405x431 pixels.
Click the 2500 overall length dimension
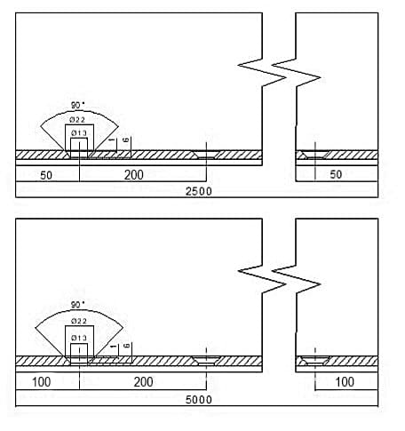(199, 191)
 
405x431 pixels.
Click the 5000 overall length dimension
(199, 400)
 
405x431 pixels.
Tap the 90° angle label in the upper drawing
(77, 105)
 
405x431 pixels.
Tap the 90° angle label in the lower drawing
(77, 305)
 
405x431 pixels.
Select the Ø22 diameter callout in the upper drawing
(77, 120)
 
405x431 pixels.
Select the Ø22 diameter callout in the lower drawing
(79, 321)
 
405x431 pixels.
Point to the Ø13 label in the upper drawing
(79, 133)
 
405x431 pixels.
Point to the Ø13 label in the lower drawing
(79, 338)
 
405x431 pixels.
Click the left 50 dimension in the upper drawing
(46, 175)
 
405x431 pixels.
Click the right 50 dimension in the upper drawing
(336, 174)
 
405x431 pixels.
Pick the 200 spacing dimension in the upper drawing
(134, 175)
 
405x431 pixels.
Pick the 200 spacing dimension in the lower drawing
(143, 382)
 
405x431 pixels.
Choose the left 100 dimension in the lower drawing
(41, 382)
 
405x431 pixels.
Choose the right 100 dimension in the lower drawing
(345, 382)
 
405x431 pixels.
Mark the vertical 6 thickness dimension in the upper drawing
(126, 140)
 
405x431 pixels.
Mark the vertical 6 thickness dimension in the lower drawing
(126, 346)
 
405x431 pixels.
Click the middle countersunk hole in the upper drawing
(206, 155)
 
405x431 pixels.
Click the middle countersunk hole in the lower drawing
(206, 361)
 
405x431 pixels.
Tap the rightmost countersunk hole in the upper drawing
(314, 155)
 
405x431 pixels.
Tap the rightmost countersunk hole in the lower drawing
(314, 361)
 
